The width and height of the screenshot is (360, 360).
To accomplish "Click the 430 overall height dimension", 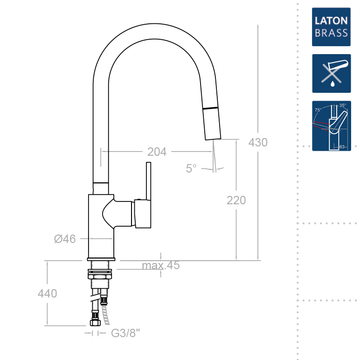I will pos(258,142).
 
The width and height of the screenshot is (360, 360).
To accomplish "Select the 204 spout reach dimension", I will pos(157,152).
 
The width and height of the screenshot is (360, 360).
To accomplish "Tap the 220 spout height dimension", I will pos(236,201).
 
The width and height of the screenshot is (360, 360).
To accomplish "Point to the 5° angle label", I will pos(191,168).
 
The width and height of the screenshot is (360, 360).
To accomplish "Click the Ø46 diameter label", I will pos(65,239).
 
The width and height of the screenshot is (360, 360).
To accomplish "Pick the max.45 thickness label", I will pos(161,266).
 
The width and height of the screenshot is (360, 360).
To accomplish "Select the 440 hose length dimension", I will pos(47,293).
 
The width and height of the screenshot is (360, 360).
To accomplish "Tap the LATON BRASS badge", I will pos(331,27).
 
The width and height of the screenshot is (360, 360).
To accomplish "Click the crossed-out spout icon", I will pos(331,73).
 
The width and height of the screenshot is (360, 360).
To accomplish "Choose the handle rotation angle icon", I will pos(331,126).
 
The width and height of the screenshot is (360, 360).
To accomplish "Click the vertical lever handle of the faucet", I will pos(148,182).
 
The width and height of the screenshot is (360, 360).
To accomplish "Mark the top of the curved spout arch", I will pos(154,27).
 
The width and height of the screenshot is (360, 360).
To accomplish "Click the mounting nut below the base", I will pos(100,276).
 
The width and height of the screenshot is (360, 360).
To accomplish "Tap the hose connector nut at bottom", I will pos(95,323).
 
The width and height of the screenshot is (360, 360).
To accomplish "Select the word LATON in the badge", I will pos(331,21).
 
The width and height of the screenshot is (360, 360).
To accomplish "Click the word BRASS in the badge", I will pos(331,33).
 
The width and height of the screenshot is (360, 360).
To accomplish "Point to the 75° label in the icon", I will pos(318,110).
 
